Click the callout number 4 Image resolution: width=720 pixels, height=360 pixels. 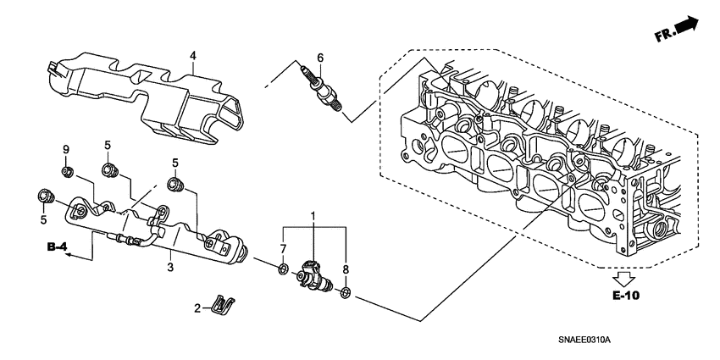192,56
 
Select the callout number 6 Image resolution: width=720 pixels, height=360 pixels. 320,58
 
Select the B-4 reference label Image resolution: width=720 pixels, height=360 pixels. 58,247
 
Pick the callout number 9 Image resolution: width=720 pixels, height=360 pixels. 65,150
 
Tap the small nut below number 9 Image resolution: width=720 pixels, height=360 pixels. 66,174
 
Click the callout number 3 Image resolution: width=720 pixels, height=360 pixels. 169,268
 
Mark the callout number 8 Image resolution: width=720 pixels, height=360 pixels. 346,269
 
